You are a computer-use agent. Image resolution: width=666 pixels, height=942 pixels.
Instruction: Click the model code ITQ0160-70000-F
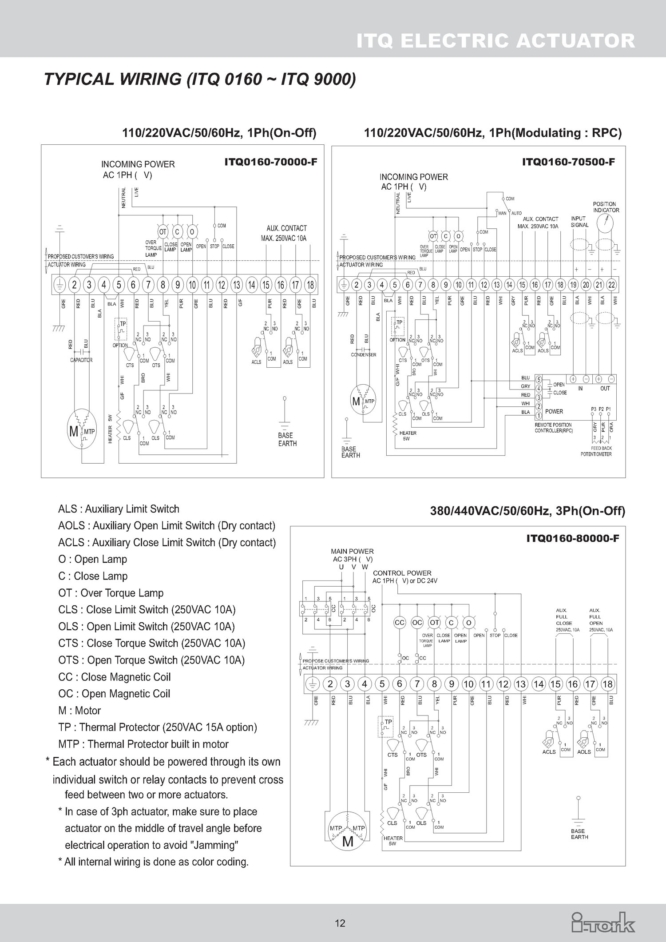pos(271,162)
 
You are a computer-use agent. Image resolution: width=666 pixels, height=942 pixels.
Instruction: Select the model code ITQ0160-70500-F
pos(568,162)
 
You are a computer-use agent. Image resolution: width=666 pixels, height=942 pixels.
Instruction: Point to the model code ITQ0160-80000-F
pos(572,539)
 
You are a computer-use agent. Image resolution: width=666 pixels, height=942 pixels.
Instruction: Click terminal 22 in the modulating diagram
pos(611,285)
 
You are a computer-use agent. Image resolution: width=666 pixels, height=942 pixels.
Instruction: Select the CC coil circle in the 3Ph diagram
pos(400,623)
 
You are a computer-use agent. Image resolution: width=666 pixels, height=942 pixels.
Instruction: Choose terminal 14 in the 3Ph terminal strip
pos(538,684)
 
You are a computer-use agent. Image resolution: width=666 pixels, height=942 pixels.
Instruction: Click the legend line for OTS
pos(151,660)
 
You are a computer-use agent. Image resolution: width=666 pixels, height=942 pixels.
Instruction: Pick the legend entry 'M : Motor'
pos(79,711)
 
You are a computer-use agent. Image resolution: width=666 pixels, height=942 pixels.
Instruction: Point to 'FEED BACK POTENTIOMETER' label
pos(596,451)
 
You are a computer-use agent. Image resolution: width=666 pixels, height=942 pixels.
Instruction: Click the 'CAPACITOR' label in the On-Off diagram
pos(81,360)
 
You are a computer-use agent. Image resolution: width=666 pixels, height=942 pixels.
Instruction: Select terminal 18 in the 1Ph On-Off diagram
pos(310,285)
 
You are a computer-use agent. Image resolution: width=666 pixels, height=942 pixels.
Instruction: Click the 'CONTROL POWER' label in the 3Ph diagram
pos(402,573)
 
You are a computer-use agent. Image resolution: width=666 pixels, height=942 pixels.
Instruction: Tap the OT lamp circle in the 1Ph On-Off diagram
pos(163,232)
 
